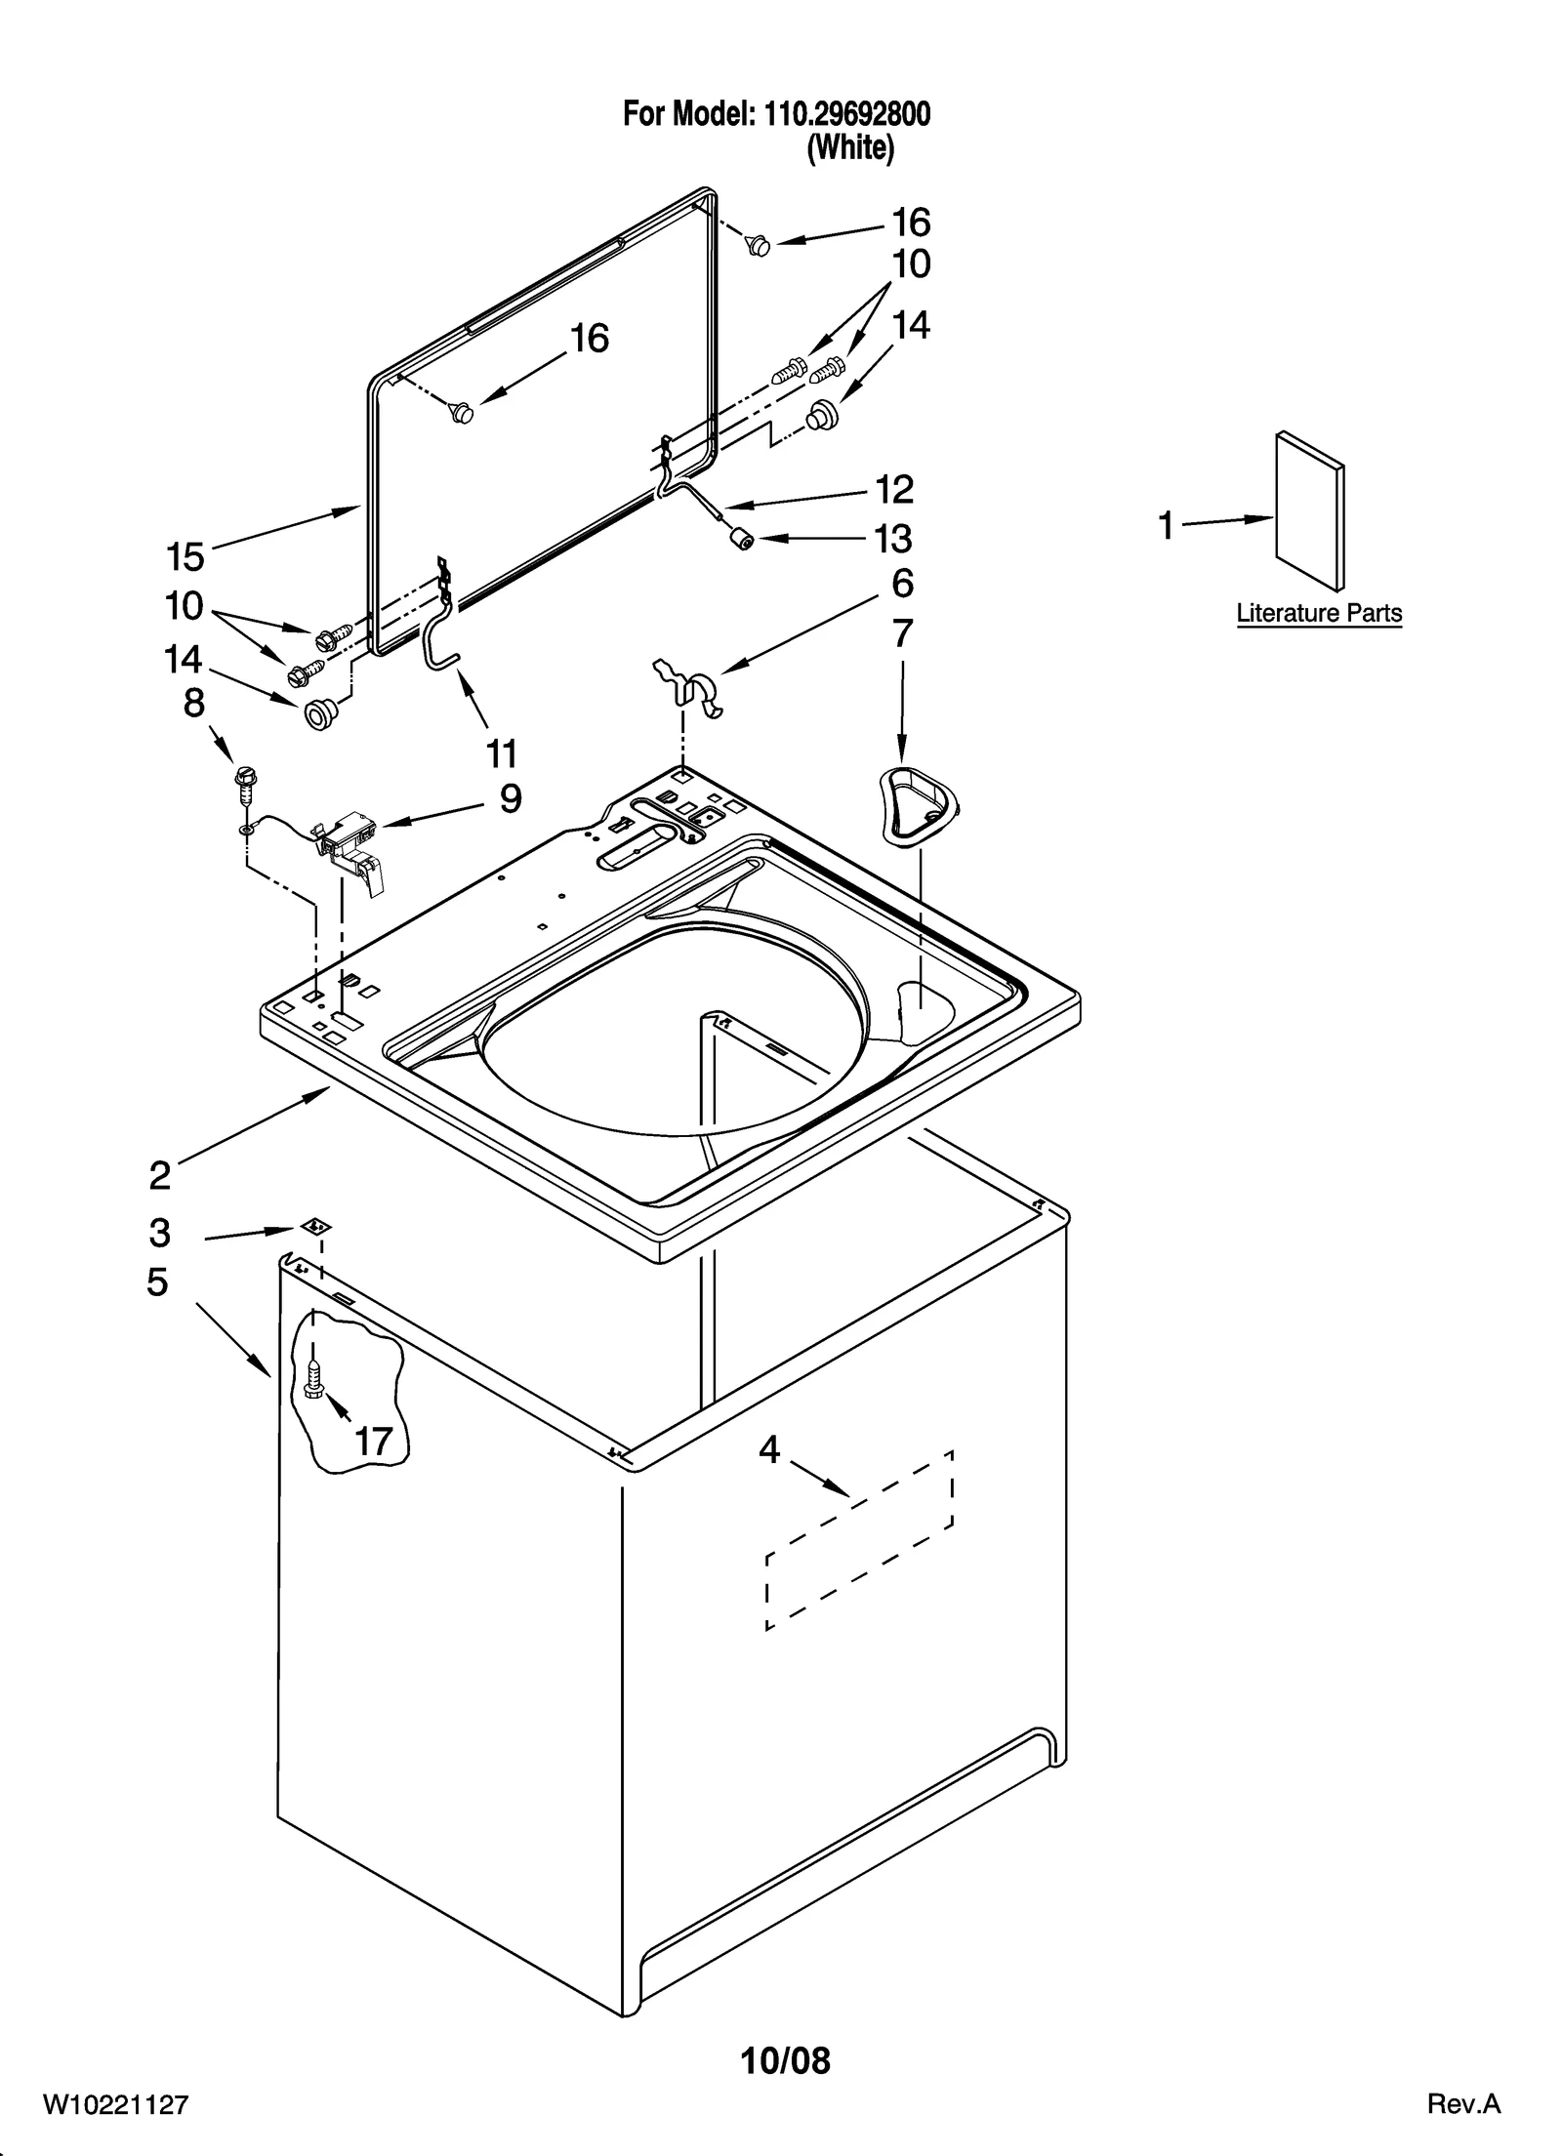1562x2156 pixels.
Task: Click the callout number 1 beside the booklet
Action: pos(1166,526)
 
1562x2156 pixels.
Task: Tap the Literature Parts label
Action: pos(1319,613)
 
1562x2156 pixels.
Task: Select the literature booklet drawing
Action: pos(1310,511)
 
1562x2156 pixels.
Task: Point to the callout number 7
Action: pos(902,633)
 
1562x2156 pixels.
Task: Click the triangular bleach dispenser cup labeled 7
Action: pos(919,802)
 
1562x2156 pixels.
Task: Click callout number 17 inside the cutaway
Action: pos(373,1440)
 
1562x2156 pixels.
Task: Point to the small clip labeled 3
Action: pos(313,1226)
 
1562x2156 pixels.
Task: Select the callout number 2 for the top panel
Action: pos(160,1174)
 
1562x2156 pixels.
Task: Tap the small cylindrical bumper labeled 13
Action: pos(745,539)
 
